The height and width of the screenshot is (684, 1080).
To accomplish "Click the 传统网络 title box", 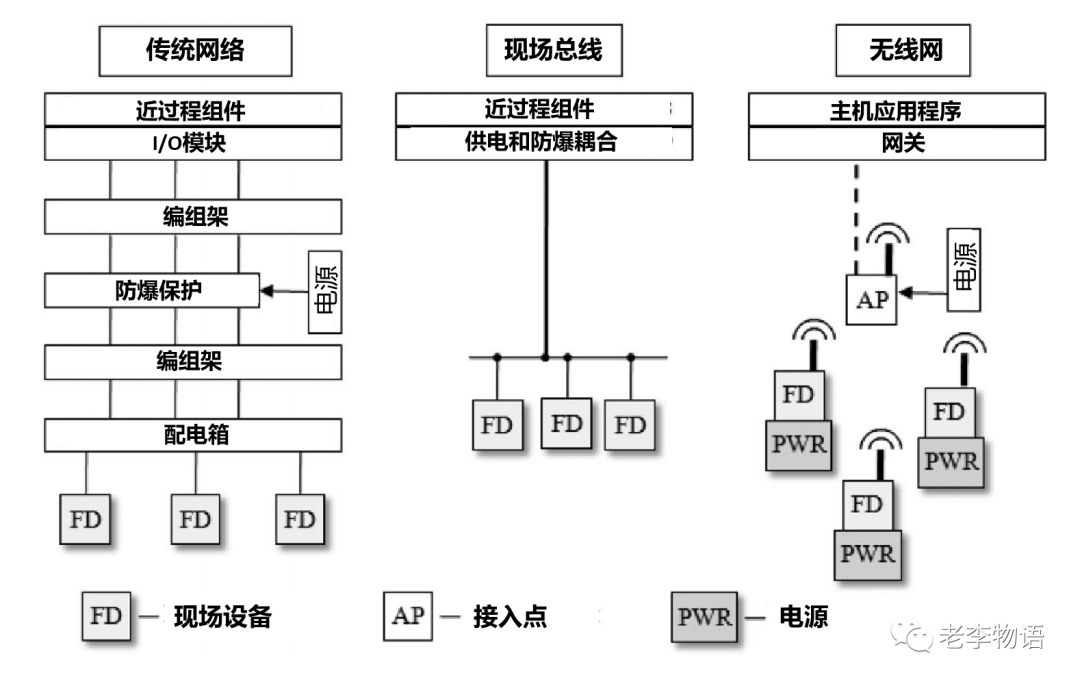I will coord(195,51).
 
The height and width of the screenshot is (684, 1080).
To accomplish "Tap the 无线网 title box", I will coord(903,51).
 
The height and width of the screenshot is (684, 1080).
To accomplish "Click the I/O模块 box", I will coord(194,143).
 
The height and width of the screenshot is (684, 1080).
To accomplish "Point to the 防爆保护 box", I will coord(152,291).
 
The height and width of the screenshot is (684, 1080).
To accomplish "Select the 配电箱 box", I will coord(194,435).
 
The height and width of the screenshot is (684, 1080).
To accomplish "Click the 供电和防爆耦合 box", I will coord(543,142).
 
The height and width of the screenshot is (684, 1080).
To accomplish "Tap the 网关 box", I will coord(897,144).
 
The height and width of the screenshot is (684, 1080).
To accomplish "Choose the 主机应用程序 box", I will coord(897,110).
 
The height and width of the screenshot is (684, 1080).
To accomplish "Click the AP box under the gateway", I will coord(872,300).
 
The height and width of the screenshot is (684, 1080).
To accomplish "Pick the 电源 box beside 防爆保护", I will coord(325,291).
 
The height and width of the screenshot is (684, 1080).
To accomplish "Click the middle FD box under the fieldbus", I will coord(567,423).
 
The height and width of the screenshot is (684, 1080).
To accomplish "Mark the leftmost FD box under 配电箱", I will coord(86,519).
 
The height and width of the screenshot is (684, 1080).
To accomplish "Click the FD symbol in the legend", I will coord(106,615).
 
